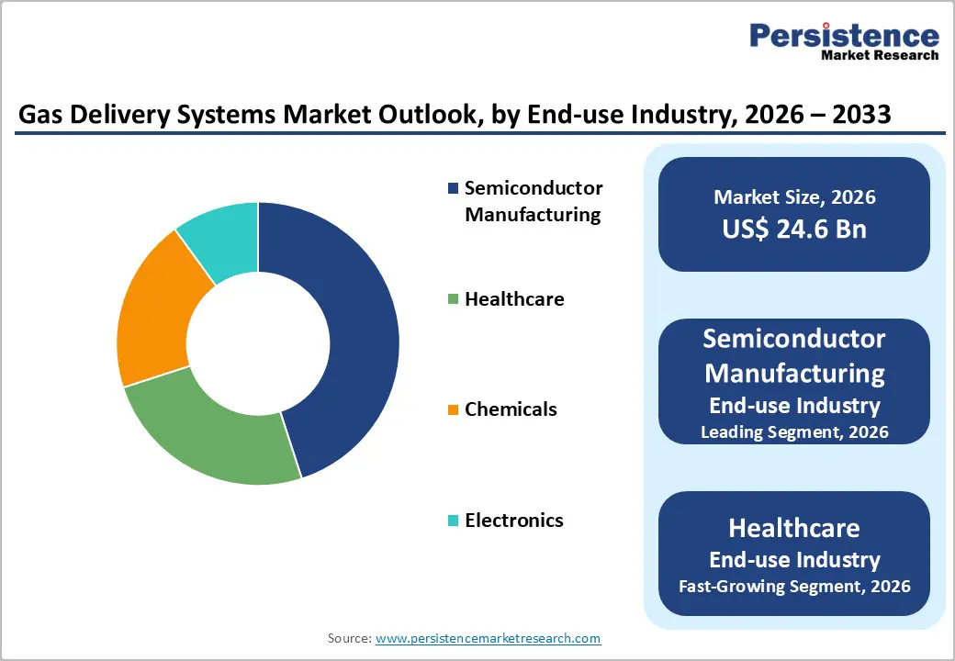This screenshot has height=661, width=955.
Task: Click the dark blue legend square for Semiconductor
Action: (453, 189)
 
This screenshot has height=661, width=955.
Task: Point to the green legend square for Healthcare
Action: (453, 299)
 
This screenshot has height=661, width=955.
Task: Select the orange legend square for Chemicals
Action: (453, 410)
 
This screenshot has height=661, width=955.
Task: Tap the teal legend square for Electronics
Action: (453, 521)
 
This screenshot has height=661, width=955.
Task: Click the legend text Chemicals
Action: (511, 409)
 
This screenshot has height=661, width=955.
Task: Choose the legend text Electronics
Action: (514, 521)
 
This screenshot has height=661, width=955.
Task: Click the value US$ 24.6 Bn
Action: (794, 229)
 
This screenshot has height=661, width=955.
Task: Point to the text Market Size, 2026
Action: (794, 197)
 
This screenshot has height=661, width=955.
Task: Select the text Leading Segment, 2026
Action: (794, 431)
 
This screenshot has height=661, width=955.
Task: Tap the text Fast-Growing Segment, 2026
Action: (794, 586)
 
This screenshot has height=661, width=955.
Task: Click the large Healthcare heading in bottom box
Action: (794, 528)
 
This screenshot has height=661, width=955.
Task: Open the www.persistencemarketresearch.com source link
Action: (488, 638)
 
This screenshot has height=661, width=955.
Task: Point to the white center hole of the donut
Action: (258, 343)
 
